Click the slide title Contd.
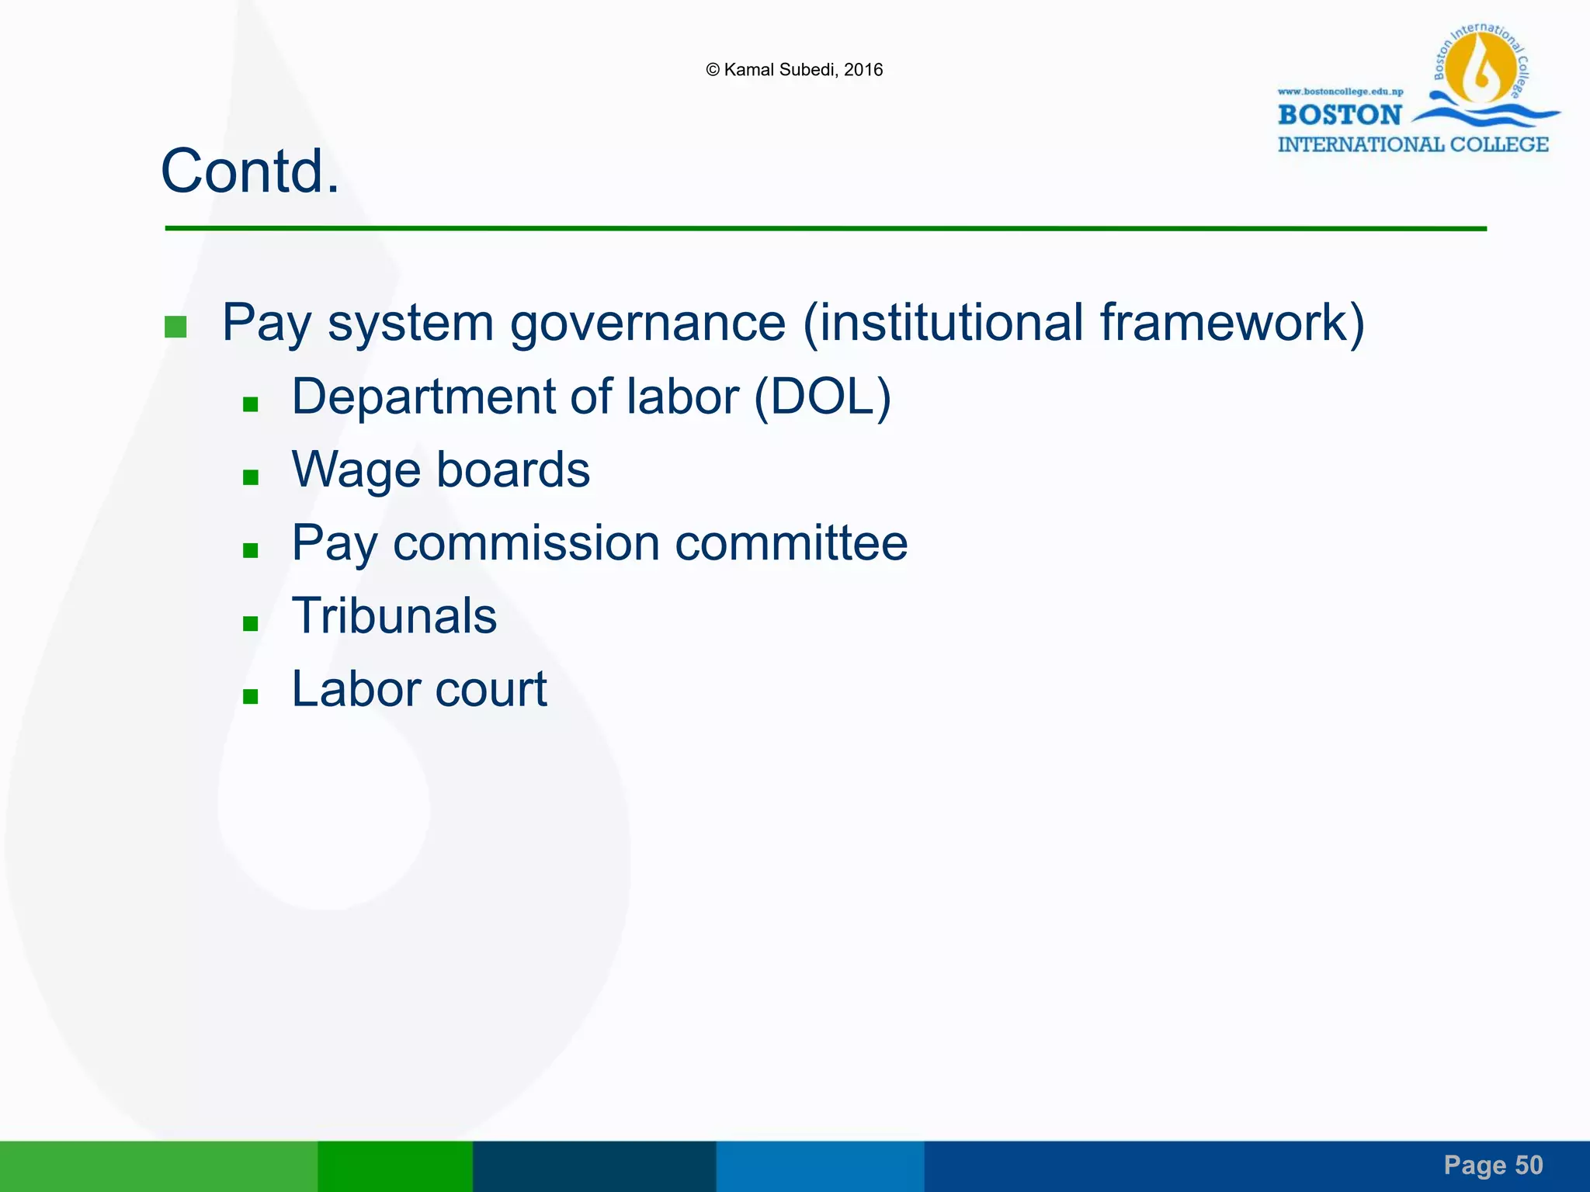point(250,172)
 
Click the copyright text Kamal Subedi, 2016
point(794,70)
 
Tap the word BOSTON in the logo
point(1339,115)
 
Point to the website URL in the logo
point(1340,92)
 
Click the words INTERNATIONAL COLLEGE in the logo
point(1413,145)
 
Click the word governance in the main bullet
point(647,323)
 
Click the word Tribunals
point(394,616)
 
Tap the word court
point(491,689)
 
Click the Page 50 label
point(1493,1165)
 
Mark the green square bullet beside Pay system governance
point(175,327)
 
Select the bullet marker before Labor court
point(250,696)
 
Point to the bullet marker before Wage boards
point(250,477)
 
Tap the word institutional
point(950,323)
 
